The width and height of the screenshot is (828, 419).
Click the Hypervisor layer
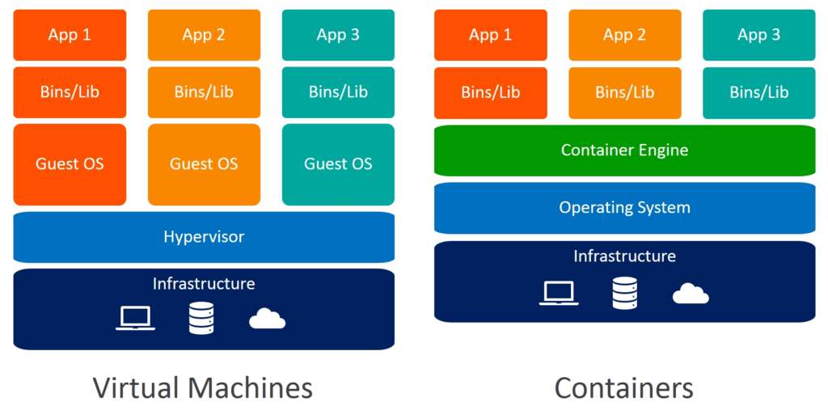point(204,237)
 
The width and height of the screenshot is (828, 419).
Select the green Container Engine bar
point(624,150)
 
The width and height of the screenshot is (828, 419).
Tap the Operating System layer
point(624,208)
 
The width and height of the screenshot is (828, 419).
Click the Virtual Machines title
point(203,388)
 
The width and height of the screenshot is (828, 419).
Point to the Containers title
point(623,388)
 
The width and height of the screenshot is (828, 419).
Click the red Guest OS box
point(70,164)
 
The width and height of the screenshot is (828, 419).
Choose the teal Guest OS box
point(338,164)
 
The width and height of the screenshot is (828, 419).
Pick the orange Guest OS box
point(204,164)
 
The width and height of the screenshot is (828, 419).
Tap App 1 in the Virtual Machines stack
point(70,35)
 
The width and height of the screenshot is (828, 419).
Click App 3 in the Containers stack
point(758,35)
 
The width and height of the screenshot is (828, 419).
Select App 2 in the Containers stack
point(624,35)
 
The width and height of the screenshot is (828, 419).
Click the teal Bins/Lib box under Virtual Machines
point(338,92)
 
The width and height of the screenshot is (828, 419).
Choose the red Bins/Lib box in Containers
point(490,92)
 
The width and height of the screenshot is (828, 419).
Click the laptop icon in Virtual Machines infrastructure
point(135,318)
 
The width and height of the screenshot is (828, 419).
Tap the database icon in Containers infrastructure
point(624,293)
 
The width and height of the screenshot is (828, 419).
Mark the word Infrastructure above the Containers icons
point(624,256)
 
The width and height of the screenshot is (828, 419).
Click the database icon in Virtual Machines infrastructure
point(201,318)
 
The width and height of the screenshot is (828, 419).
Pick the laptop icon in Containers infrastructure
point(559,293)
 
